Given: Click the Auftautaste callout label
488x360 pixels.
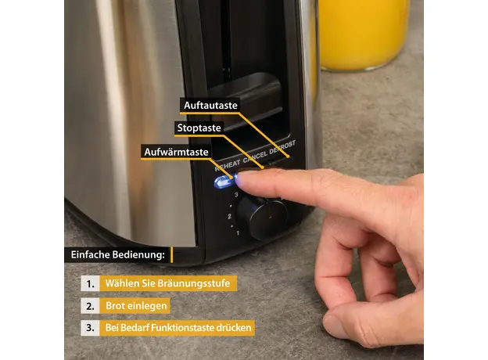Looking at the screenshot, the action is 210,106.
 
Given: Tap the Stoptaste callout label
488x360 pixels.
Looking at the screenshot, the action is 199,128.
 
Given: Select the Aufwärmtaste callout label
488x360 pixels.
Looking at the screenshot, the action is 176,152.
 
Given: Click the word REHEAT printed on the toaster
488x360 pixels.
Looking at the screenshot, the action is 228,165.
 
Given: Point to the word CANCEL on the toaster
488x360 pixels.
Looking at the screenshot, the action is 255,157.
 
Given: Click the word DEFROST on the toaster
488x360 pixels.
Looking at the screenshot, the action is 282,147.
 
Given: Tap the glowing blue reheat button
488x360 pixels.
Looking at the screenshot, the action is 224,182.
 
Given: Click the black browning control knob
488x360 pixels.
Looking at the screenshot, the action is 262,217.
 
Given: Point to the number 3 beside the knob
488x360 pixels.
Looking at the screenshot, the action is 236,195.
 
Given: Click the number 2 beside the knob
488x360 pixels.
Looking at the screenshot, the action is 229,216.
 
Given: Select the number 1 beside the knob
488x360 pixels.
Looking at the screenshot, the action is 238,233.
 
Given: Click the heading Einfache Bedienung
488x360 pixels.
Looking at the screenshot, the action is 117,255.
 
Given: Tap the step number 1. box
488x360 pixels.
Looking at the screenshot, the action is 90,284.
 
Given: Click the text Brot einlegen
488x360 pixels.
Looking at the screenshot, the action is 136,306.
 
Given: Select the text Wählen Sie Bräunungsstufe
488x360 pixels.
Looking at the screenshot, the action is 167,283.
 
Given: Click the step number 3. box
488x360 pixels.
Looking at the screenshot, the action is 90,328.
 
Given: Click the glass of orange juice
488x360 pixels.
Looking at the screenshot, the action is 364,34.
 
